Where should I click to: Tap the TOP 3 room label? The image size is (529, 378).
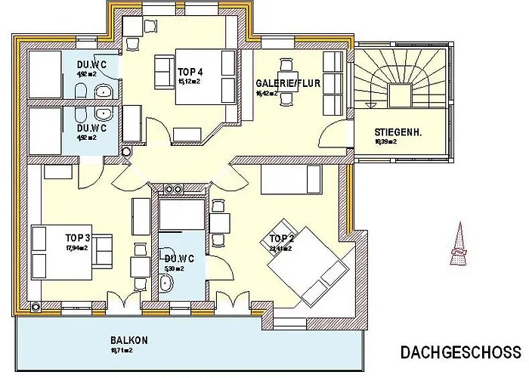(x=78, y=237)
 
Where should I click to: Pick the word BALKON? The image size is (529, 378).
(x=129, y=340)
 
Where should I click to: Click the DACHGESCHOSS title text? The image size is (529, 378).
(x=459, y=352)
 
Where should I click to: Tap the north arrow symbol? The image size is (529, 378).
(x=458, y=246)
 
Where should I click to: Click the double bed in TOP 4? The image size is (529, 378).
(x=205, y=76)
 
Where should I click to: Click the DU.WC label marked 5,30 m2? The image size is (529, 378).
(x=179, y=259)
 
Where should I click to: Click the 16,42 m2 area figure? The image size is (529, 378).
(x=267, y=93)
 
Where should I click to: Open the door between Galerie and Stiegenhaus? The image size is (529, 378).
(x=334, y=138)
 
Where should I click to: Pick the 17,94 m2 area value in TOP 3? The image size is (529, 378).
(x=76, y=247)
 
